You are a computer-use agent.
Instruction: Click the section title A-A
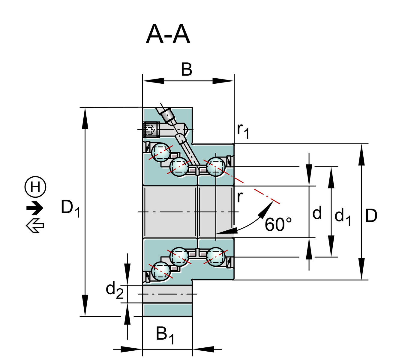click(168, 35)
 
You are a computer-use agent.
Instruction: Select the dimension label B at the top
click(187, 70)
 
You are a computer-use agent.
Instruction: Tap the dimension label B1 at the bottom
click(165, 334)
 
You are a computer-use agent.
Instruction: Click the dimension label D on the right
click(371, 216)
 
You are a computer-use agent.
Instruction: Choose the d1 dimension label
click(342, 216)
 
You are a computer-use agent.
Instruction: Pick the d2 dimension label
click(114, 290)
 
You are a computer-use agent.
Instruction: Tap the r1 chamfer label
click(243, 130)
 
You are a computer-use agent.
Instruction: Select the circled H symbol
click(35, 187)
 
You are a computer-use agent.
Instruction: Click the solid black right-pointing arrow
click(35, 208)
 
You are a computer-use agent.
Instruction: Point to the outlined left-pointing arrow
click(35, 225)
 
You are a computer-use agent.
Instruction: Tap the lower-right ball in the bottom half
click(216, 256)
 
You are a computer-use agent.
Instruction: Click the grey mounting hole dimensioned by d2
click(167, 294)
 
